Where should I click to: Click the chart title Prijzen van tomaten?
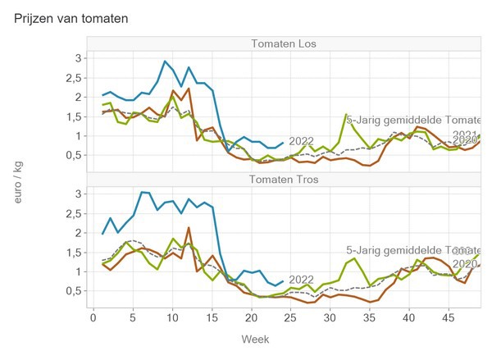tap(71, 17)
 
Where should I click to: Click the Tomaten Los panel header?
tap(285, 43)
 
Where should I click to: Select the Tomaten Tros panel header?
tap(285, 180)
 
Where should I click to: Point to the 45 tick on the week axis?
tap(447, 316)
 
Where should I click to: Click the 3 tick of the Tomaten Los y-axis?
tap(77, 58)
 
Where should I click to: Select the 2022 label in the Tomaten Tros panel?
tap(302, 279)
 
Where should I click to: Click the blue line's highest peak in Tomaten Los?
tap(166, 61)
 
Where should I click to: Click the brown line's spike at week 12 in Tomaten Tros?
tap(189, 228)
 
